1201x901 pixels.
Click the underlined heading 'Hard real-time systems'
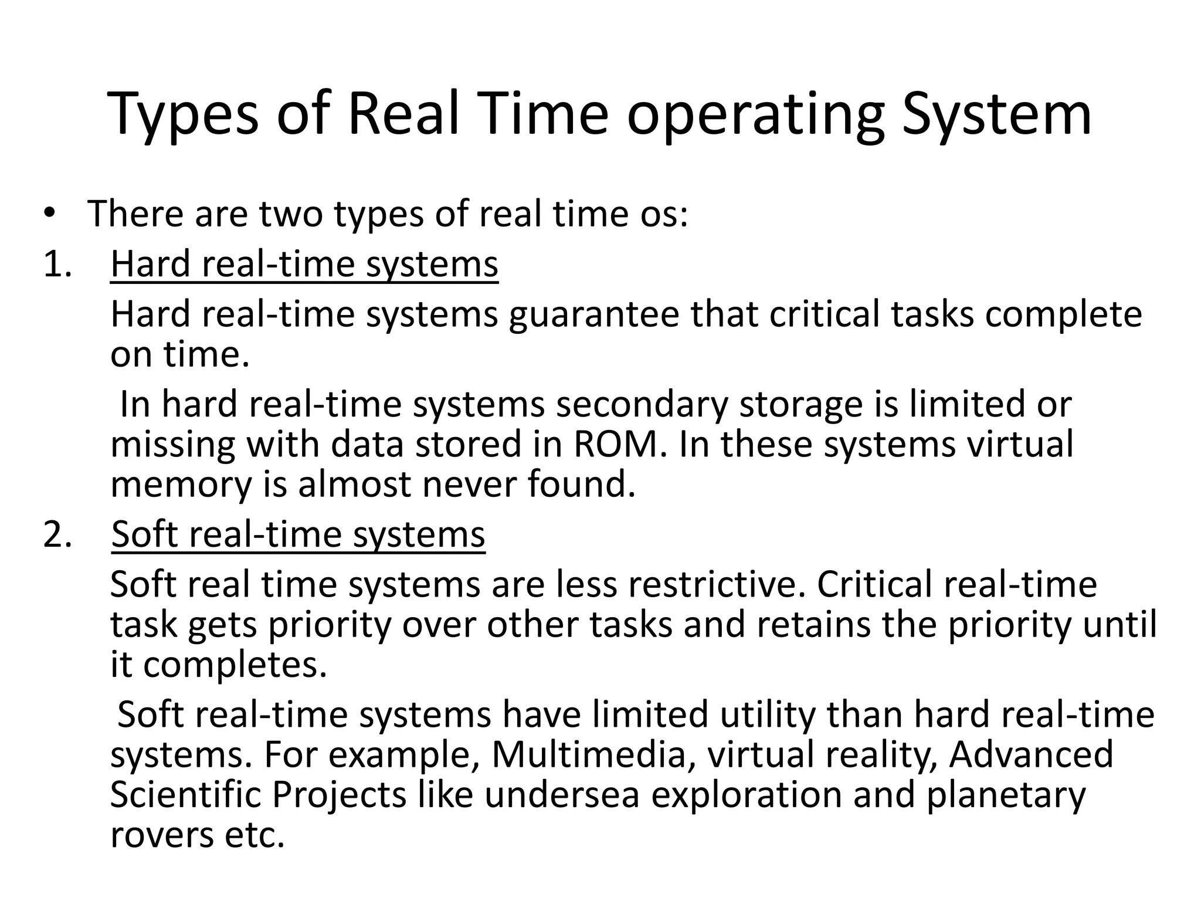point(304,265)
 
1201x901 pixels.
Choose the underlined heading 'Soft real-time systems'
point(298,535)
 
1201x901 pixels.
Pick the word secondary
point(642,405)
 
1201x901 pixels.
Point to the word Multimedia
point(589,754)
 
